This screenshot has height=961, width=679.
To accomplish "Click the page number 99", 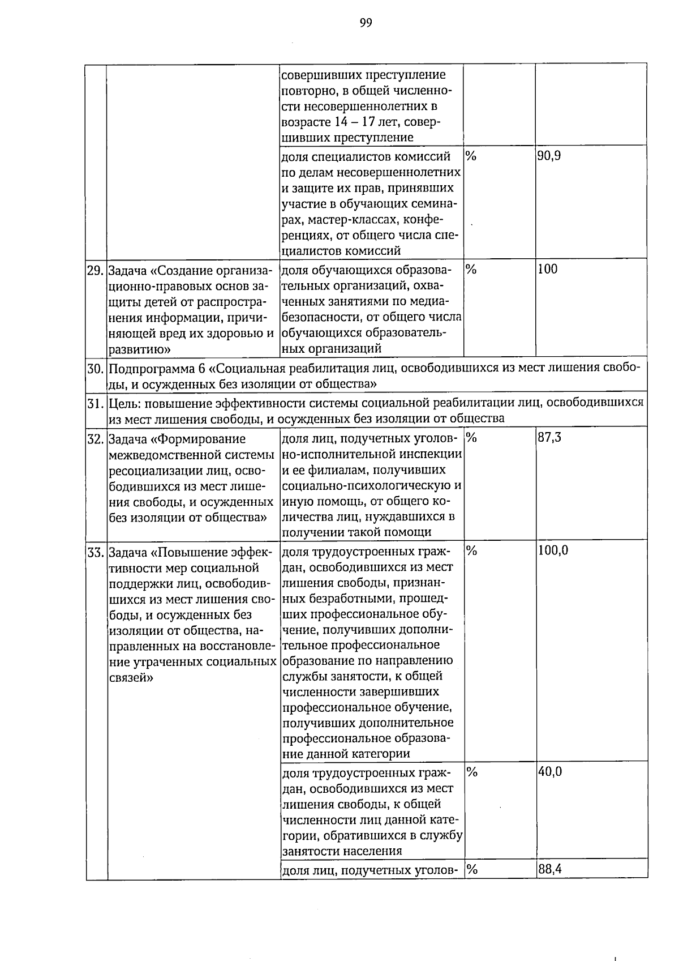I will click(x=366, y=23).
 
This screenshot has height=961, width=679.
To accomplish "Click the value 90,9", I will click(x=549, y=156).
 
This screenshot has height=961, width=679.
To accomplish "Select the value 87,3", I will click(x=549, y=437).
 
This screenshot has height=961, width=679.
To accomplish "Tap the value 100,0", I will click(x=553, y=550).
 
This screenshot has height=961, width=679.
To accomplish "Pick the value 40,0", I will click(x=549, y=771).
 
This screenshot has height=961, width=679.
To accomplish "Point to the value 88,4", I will click(x=549, y=869).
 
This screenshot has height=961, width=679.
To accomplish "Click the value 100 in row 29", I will click(x=547, y=269).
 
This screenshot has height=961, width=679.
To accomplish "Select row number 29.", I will click(x=95, y=270).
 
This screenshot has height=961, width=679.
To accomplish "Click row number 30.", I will click(x=95, y=369).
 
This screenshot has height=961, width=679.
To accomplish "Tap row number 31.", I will click(x=95, y=403).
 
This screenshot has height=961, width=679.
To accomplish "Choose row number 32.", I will click(x=95, y=439).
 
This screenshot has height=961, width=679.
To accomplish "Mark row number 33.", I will click(x=95, y=552).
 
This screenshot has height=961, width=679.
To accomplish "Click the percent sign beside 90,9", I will click(x=471, y=156).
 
